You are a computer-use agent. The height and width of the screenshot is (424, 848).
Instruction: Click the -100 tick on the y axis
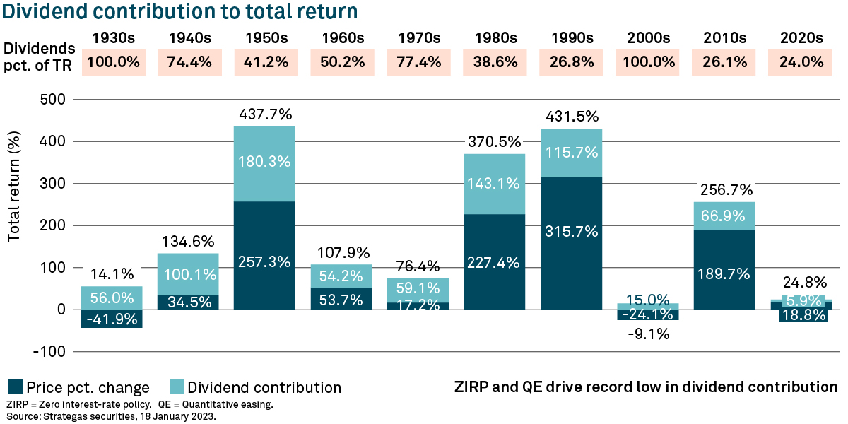(x=49, y=351)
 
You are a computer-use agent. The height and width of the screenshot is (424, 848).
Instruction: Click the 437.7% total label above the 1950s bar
(x=265, y=114)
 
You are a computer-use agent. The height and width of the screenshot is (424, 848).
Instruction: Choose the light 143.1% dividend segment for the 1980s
(x=495, y=184)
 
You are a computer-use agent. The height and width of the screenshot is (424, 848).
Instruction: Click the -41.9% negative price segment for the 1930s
(x=112, y=319)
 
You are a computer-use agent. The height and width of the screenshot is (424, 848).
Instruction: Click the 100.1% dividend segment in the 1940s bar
(x=189, y=274)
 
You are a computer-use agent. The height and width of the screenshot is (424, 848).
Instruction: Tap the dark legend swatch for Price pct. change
(x=15, y=387)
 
